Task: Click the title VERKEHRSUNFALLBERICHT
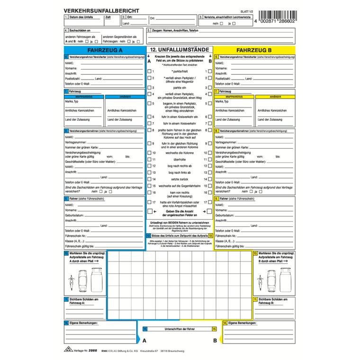[x=98, y=9]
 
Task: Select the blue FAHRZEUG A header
[x=104, y=50]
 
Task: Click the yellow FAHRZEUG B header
[x=254, y=50]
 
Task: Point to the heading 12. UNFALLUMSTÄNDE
[x=180, y=49]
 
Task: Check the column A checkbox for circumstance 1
[x=150, y=72]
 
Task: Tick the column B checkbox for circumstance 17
[x=210, y=202]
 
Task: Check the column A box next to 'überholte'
[x=150, y=160]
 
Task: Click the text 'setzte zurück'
[x=180, y=180]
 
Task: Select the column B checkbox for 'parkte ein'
[x=210, y=88]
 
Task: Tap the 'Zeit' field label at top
[x=108, y=17]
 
